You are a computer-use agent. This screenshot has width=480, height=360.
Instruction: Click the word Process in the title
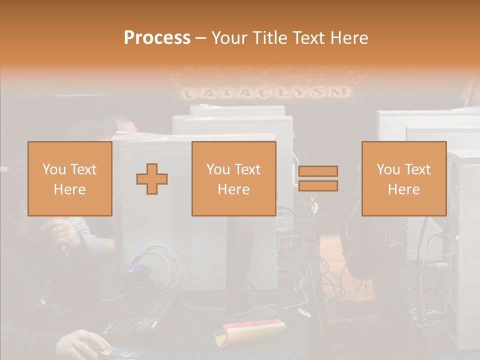coord(157,38)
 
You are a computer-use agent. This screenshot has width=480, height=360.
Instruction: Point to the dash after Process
coord(201,38)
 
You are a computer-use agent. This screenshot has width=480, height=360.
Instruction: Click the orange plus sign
coord(152,178)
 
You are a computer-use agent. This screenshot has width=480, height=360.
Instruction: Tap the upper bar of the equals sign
coord(318,171)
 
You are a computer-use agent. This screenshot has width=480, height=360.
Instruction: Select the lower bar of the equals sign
coord(318,186)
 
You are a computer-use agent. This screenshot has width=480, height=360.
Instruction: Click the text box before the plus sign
coord(69,178)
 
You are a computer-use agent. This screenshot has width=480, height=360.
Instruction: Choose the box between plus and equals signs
coord(233,178)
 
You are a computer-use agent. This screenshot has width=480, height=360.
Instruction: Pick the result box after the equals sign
coord(403,178)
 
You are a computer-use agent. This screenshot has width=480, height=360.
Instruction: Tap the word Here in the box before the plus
coord(69,189)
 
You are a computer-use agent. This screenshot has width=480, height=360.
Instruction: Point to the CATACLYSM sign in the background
coord(265,92)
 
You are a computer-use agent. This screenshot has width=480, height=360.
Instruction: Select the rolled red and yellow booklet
coord(250,330)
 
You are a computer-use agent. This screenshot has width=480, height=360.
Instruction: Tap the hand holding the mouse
coord(82,345)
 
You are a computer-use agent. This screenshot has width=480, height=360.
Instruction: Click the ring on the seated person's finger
coord(62,234)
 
